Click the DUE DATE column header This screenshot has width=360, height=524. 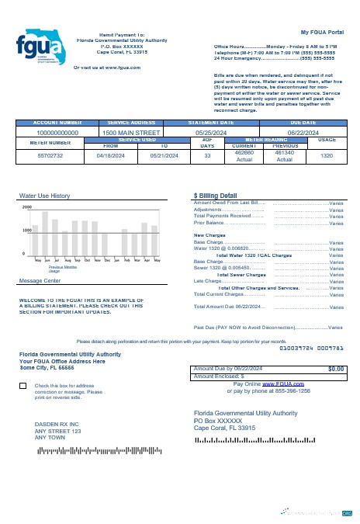tap(303, 123)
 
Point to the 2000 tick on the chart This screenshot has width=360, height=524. tap(27, 208)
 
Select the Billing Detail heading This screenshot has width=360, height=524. tap(215, 196)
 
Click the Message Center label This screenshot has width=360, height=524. tap(40, 280)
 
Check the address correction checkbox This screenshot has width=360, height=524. tap(22, 386)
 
